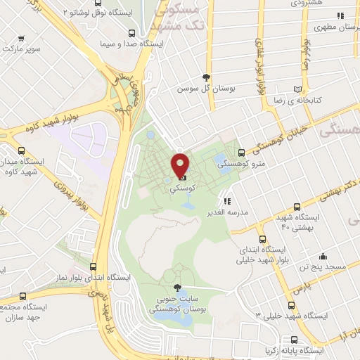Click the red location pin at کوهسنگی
point(180,165)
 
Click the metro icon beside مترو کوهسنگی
point(240,151)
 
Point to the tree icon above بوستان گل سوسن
point(205,77)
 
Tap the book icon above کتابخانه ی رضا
point(300,89)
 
